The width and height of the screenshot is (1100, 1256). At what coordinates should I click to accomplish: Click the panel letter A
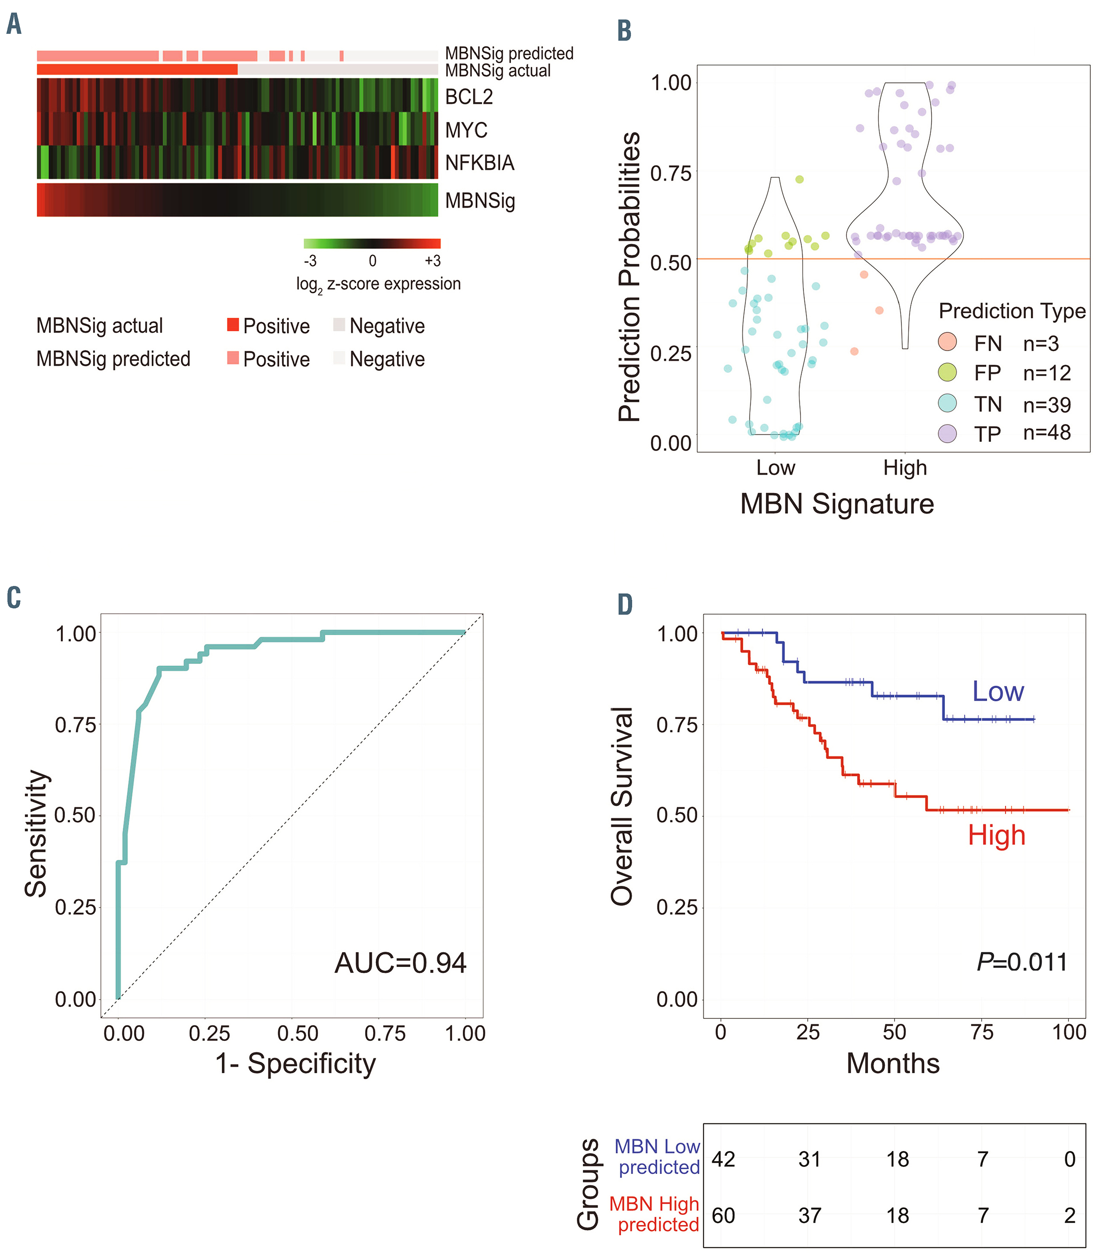click(14, 24)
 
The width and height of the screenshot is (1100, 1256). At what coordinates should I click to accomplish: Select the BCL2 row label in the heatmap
click(469, 97)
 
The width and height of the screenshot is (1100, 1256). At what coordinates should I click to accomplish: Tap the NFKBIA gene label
click(480, 163)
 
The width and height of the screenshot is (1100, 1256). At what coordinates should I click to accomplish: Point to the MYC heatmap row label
click(466, 130)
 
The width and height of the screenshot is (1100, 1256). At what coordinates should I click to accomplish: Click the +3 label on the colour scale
click(432, 261)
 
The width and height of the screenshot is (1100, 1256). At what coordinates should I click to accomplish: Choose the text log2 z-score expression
click(378, 284)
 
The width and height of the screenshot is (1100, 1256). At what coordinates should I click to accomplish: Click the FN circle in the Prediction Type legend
click(947, 342)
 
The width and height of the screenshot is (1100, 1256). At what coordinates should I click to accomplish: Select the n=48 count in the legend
click(1046, 433)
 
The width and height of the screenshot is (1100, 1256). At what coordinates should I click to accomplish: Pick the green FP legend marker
click(947, 372)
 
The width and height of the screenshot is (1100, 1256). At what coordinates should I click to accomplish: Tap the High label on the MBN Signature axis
click(905, 468)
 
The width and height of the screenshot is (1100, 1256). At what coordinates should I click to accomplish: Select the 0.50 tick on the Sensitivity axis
click(75, 816)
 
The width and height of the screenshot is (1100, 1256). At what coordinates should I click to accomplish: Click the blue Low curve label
click(998, 692)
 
